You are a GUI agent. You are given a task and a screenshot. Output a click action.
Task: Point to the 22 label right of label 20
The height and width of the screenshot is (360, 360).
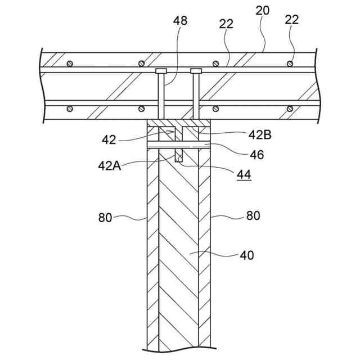291,20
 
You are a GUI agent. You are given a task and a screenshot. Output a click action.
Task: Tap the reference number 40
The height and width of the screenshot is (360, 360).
247,255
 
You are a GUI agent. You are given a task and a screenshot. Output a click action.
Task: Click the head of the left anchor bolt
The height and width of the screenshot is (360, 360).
161,71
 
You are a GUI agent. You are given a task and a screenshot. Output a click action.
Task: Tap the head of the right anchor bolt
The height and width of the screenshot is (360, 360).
196,71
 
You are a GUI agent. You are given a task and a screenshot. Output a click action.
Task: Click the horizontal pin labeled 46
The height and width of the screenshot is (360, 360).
178,147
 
